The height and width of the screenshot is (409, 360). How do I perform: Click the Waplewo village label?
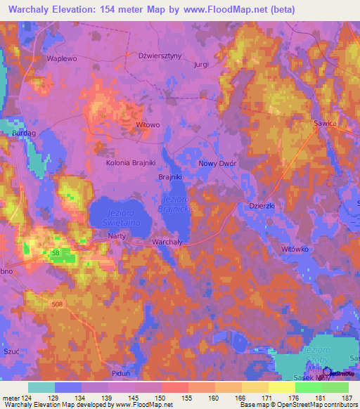pos(61,59)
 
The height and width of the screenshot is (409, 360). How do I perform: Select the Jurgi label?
pos(202,64)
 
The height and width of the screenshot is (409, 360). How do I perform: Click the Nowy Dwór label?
pos(217,162)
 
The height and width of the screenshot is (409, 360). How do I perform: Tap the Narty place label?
pos(117,236)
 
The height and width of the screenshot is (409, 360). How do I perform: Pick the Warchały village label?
pos(167,241)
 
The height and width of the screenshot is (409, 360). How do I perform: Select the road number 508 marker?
pos(57,304)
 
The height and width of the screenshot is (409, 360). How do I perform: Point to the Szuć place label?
pos(12,349)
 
